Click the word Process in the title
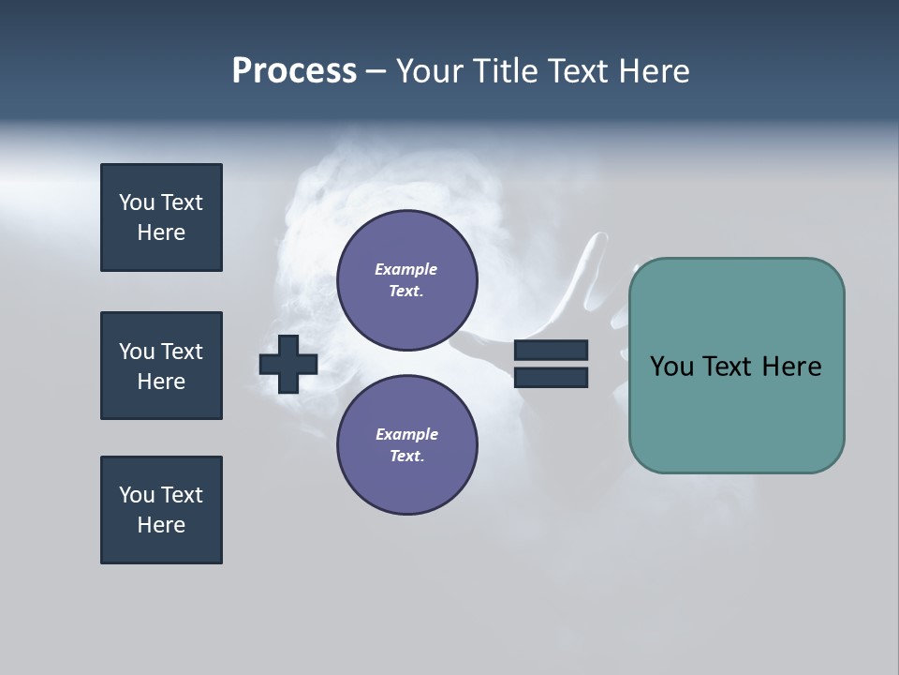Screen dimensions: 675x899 click(x=294, y=71)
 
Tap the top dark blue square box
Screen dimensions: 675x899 click(x=161, y=217)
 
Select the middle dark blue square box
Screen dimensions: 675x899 click(x=161, y=366)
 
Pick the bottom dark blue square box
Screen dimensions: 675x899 click(x=161, y=510)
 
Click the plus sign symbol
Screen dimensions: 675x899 click(x=288, y=364)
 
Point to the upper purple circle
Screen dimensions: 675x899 click(x=407, y=280)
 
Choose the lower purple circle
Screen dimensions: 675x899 click(x=407, y=445)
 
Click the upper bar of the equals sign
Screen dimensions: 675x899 click(x=551, y=351)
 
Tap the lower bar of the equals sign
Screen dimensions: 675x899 click(x=551, y=377)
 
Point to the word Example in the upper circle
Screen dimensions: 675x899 click(x=406, y=270)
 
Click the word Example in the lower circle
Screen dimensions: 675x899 click(x=406, y=435)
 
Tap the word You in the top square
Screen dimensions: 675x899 click(x=137, y=202)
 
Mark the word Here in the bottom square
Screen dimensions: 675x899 click(x=161, y=525)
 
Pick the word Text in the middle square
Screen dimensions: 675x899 click(x=182, y=352)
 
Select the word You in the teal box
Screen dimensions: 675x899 click(x=672, y=367)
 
